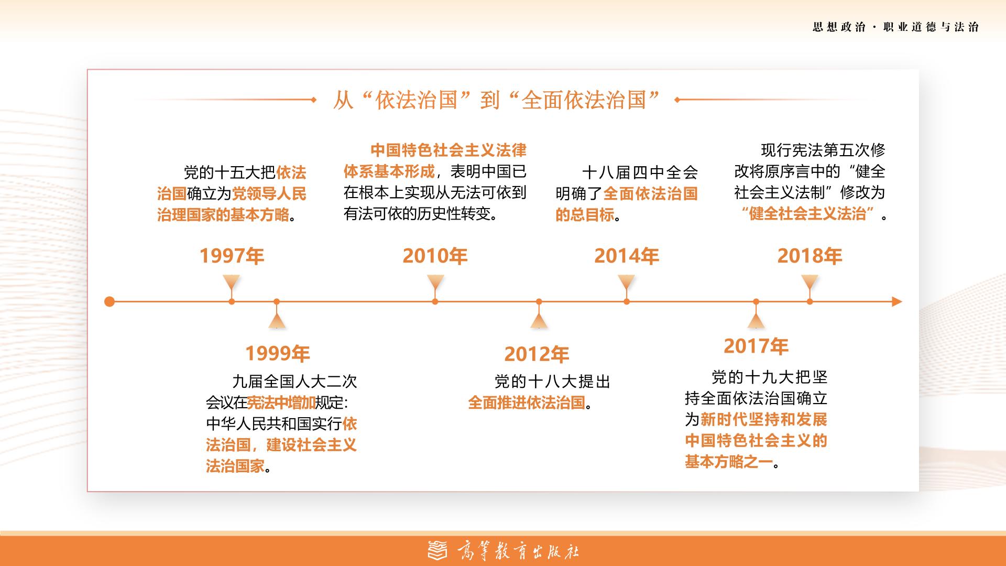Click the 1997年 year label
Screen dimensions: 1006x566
[x=232, y=256]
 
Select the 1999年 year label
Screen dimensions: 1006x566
[x=278, y=354]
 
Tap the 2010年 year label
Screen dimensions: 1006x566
[x=435, y=256]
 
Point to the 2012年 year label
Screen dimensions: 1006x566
[x=537, y=354]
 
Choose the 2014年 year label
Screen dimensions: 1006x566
[x=627, y=256]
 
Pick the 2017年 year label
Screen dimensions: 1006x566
[x=756, y=346]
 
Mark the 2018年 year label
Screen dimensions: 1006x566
[x=810, y=256]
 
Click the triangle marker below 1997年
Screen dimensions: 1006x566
[x=232, y=285]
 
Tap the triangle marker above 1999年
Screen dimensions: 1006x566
[x=277, y=319]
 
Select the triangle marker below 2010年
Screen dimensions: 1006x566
[x=435, y=285]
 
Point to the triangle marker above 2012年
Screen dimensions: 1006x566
[x=539, y=319]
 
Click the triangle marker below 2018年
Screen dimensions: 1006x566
[x=810, y=285]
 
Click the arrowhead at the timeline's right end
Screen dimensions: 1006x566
[x=897, y=302]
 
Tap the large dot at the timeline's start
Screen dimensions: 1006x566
[x=110, y=301]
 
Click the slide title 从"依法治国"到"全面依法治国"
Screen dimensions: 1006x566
[x=496, y=100]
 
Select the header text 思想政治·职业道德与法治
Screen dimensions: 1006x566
[x=895, y=27]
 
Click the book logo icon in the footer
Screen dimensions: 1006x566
[x=438, y=550]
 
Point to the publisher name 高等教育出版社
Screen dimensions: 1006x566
[x=518, y=551]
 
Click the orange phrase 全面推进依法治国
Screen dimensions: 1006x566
[x=526, y=402]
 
